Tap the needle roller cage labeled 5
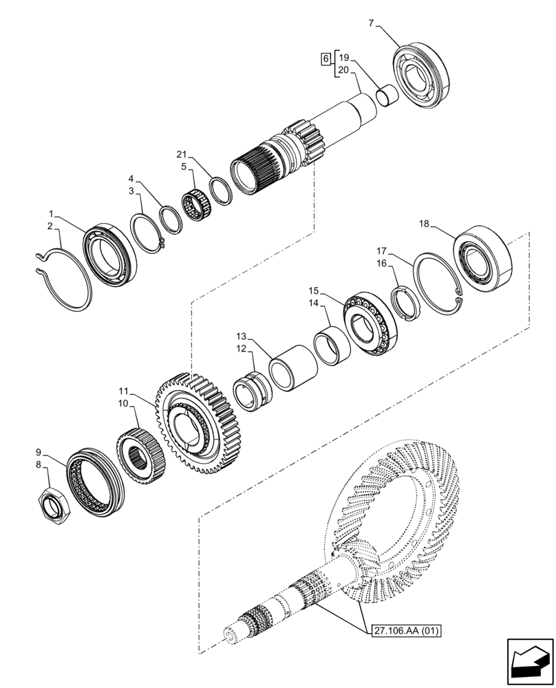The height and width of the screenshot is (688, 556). click(195, 207)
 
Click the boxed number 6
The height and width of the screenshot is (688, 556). click(325, 60)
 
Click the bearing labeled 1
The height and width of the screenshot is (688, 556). click(110, 252)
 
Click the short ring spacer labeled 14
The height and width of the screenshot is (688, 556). click(332, 347)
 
